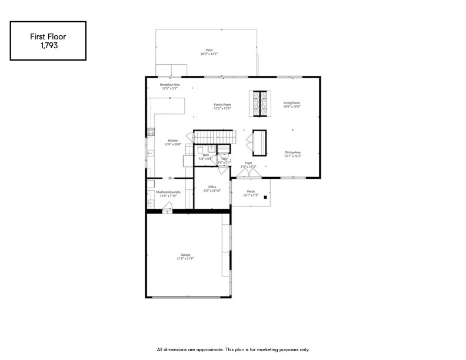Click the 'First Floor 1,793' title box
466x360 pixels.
(48, 41)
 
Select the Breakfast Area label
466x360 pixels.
(170, 85)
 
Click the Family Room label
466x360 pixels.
(222, 105)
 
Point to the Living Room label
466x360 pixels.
(292, 103)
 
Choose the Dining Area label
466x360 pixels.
(293, 152)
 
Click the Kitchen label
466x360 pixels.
(172, 141)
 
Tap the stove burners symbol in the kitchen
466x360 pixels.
(151, 132)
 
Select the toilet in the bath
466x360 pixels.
(200, 149)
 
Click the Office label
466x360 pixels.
(212, 187)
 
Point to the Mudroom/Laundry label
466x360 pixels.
(168, 192)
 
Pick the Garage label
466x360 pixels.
(185, 255)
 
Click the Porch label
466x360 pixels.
(251, 192)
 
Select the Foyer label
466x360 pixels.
(248, 163)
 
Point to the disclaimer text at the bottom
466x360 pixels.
(232, 349)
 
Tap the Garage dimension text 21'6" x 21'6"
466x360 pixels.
(185, 258)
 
